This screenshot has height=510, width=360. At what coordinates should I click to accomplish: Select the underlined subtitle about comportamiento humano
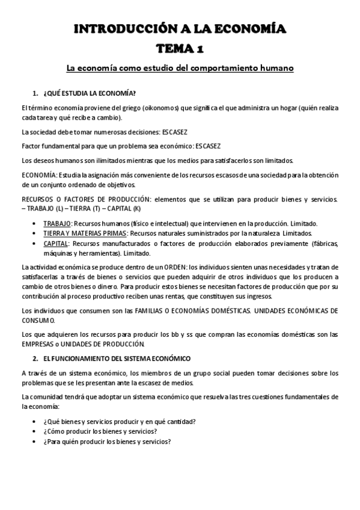click(x=180, y=69)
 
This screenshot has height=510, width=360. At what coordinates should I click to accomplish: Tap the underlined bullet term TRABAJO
click(x=57, y=223)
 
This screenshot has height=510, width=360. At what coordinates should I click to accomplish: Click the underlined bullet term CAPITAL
click(x=56, y=243)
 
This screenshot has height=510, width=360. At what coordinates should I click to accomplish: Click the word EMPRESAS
click(x=38, y=344)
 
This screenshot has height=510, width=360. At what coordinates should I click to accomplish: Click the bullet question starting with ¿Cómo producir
click(x=100, y=431)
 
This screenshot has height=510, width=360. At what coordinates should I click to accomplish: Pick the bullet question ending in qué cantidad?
click(x=120, y=422)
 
